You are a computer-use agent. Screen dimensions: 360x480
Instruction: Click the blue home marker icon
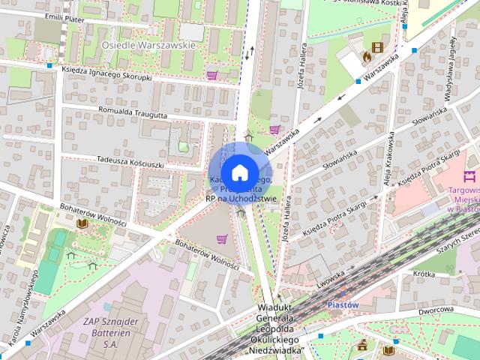pos(239,172)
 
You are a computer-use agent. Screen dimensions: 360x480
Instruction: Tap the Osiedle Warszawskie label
pos(148,45)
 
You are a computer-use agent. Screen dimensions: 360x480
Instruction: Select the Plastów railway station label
pos(344,305)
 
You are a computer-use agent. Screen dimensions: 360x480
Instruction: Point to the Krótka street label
pos(424,274)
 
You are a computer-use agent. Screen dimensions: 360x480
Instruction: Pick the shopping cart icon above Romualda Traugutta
pos(212,75)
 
